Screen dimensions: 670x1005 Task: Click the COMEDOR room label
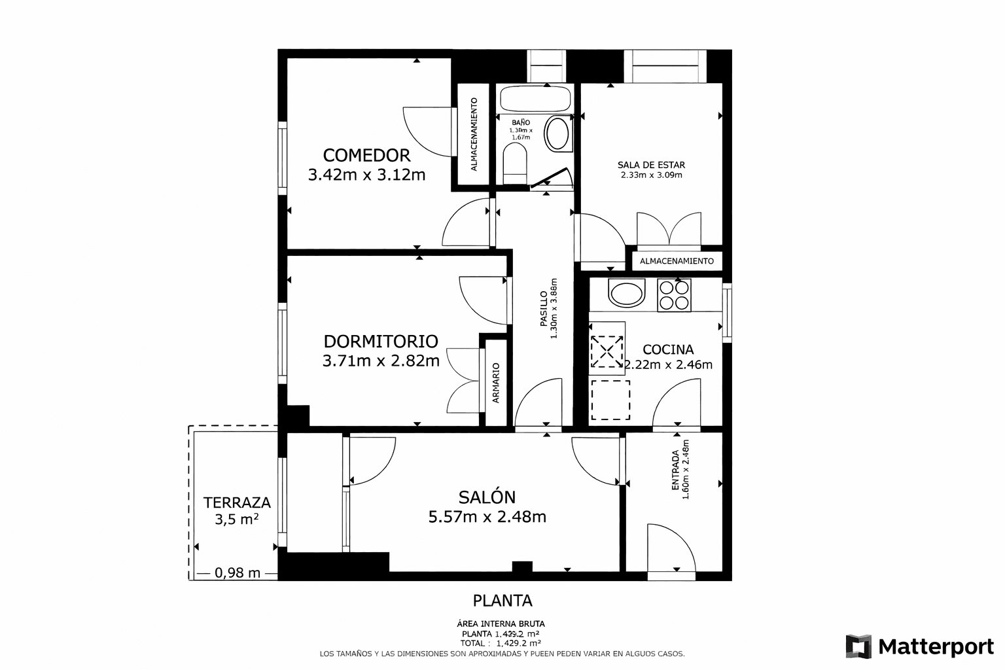click(x=366, y=155)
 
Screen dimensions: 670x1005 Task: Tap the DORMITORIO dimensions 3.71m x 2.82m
click(x=381, y=361)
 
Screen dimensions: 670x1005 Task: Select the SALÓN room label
click(x=487, y=497)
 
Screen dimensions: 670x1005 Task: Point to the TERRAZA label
click(x=237, y=502)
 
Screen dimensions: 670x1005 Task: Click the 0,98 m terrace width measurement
click(x=238, y=573)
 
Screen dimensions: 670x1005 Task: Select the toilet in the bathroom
click(x=515, y=164)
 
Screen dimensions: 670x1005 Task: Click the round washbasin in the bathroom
click(x=557, y=133)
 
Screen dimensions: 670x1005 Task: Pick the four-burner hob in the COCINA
click(x=673, y=295)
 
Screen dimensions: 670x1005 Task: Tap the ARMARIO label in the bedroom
click(x=496, y=383)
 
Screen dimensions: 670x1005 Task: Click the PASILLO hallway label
click(x=544, y=309)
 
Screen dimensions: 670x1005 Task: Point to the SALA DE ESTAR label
click(x=651, y=165)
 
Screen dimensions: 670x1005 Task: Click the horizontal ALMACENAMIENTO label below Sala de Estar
click(x=677, y=261)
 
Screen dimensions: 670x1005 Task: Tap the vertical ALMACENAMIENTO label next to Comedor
click(x=474, y=135)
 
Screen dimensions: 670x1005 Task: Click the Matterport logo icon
click(x=858, y=646)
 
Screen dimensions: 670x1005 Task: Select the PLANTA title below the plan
click(x=502, y=600)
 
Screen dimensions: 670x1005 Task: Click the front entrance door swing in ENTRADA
click(x=671, y=550)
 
